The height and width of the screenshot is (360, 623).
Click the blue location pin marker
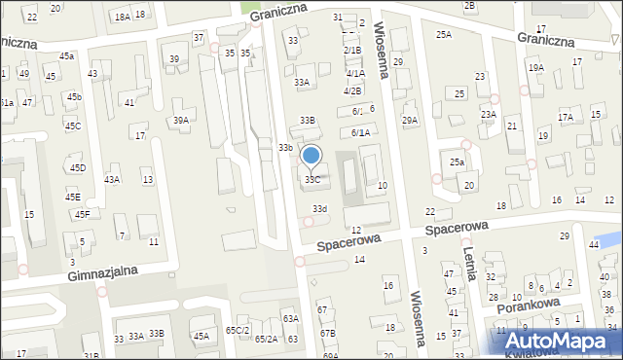(x=311, y=157)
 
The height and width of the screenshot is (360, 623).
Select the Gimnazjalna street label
(x=102, y=275)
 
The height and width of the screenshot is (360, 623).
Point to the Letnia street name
(x=469, y=264)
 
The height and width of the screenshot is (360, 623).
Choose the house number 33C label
(x=312, y=180)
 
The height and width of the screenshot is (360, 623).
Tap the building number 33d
(x=319, y=208)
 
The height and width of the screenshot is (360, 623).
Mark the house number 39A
(x=181, y=121)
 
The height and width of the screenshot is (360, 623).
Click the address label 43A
(x=112, y=180)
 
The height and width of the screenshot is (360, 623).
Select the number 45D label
(x=77, y=168)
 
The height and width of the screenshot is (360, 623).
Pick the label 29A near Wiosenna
(x=410, y=121)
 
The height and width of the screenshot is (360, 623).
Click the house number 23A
(x=488, y=114)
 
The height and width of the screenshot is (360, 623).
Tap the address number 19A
(x=535, y=67)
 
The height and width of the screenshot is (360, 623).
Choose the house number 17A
(x=566, y=117)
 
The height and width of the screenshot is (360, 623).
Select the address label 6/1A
(x=359, y=132)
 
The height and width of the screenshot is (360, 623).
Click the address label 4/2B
(x=352, y=90)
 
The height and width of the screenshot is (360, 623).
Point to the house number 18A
(x=122, y=17)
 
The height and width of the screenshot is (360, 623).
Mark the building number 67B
(x=328, y=334)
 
